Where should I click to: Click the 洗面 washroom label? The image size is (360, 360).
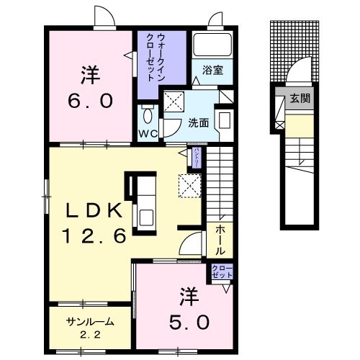coord(199,122)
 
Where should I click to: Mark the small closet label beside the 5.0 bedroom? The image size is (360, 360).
coord(220,273)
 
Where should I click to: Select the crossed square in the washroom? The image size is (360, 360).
coord(173,103)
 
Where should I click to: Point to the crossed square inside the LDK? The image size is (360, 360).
coord(189,186)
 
